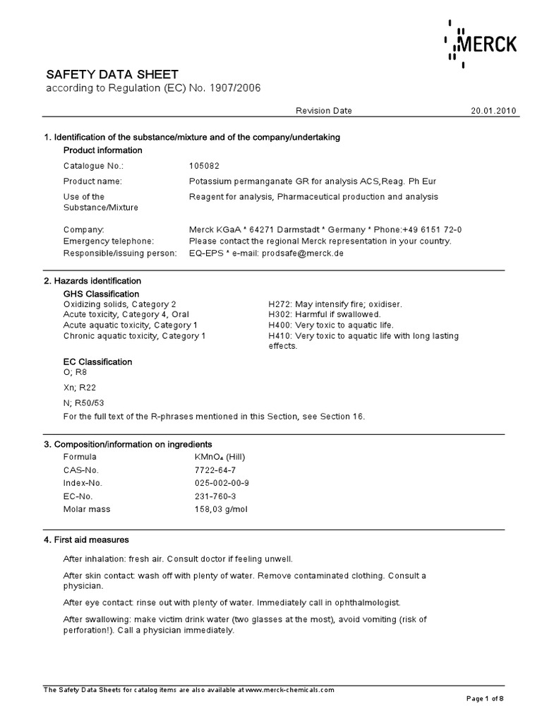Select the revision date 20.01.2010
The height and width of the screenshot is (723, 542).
tap(493, 111)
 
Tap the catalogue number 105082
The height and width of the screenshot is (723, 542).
tap(205, 166)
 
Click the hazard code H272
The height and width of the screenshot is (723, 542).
tap(279, 304)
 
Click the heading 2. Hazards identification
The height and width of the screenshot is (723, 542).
tap(92, 281)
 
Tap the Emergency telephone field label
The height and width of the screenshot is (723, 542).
tap(109, 241)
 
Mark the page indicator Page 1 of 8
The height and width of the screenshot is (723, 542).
tap(486, 699)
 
